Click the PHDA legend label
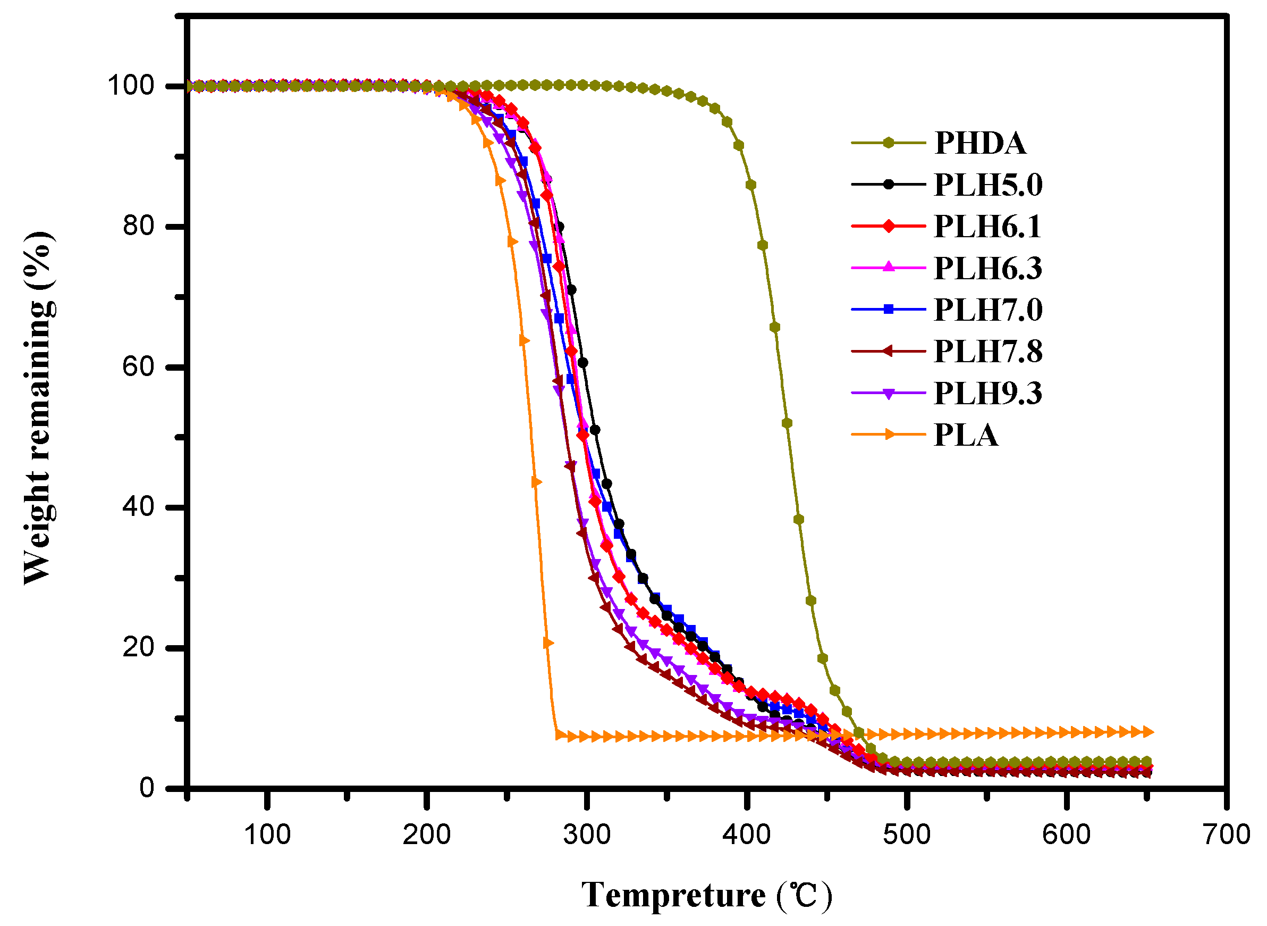(x=980, y=144)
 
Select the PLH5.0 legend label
(x=988, y=185)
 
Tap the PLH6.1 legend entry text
(x=987, y=227)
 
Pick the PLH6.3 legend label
(x=988, y=268)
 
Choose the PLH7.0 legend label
(x=988, y=310)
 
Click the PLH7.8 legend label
(x=988, y=352)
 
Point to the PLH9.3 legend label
(x=988, y=393)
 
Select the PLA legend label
(x=966, y=435)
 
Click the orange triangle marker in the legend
(x=889, y=435)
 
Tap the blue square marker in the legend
(x=889, y=310)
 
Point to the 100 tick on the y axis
(x=131, y=86)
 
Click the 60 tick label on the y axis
(x=138, y=367)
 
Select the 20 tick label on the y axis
(x=138, y=647)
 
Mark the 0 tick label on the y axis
(x=147, y=788)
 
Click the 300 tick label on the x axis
(x=586, y=835)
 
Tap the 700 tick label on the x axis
(x=1227, y=835)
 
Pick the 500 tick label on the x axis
(x=907, y=835)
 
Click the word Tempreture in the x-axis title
(x=673, y=895)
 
